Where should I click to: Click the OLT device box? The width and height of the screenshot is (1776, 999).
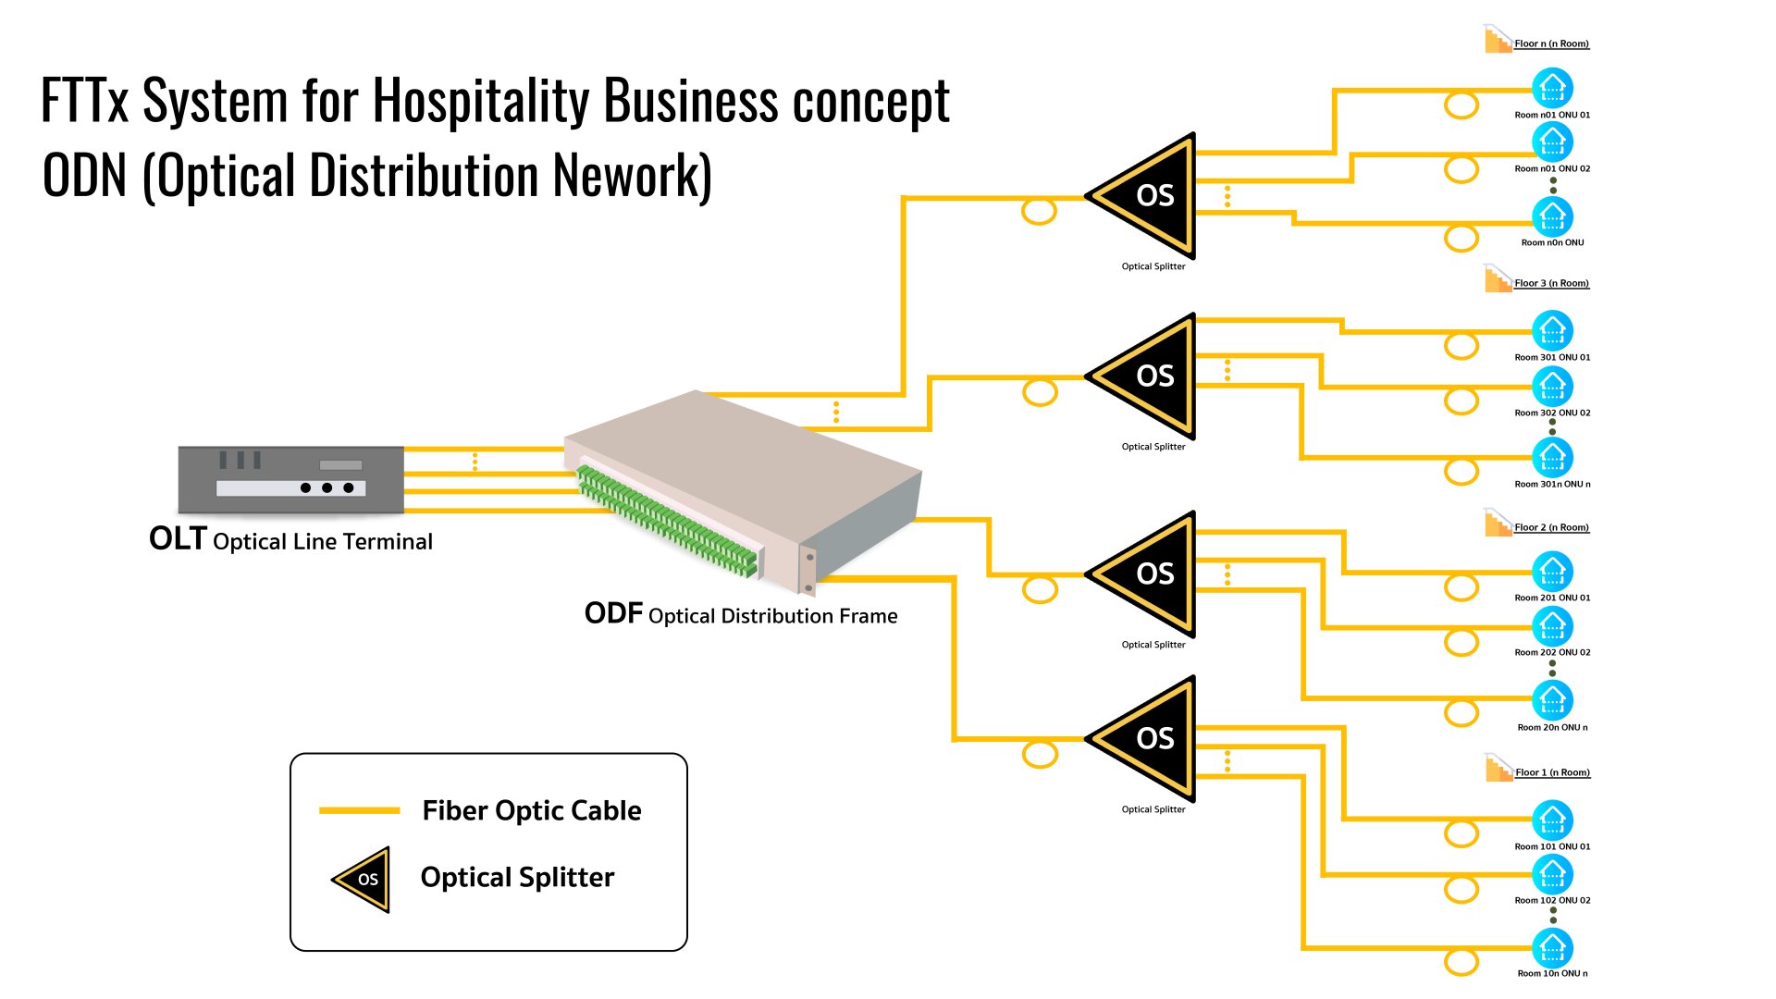point(290,479)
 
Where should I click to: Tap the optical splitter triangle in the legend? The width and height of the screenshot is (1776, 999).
point(362,879)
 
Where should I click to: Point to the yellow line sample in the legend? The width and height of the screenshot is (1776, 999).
point(359,810)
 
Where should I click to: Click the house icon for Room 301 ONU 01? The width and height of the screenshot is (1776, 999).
point(1552,331)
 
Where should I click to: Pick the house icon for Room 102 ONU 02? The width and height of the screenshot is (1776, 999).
point(1552,874)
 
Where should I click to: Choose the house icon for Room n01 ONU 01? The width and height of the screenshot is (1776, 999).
point(1552,89)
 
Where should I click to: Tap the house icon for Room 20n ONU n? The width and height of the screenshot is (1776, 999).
point(1552,700)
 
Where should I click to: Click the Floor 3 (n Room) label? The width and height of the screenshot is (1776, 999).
point(1551,283)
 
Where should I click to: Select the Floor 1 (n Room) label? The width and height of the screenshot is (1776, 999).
point(1552,772)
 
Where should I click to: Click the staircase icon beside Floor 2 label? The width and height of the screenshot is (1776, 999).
point(1498,523)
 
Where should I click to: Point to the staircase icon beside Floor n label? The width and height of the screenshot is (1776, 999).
point(1498,40)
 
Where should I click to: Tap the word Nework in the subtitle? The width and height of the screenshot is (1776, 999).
point(633,176)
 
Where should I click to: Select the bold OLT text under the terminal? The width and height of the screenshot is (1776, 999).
point(178,538)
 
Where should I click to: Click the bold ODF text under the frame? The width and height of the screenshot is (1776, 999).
point(613,613)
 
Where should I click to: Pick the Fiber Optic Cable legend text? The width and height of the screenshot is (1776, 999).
point(531,810)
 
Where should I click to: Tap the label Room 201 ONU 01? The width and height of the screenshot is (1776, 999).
point(1552,598)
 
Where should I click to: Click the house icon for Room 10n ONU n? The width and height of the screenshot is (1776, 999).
point(1552,947)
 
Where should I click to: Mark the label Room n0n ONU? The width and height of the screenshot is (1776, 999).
point(1552,242)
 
